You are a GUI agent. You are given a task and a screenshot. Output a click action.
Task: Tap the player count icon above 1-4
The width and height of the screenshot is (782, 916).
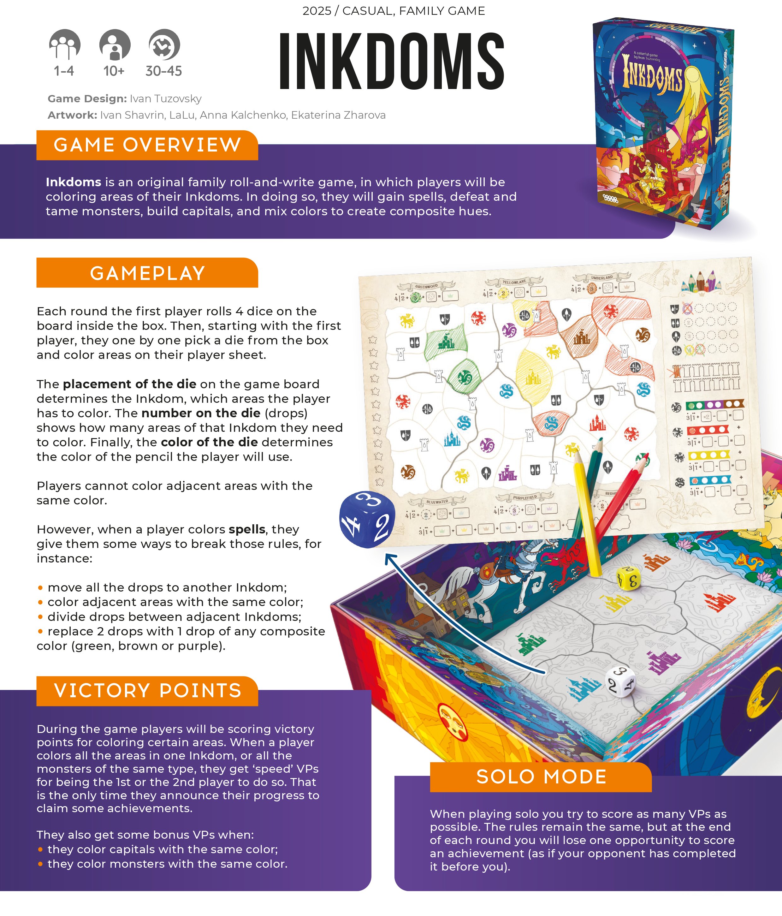coord(65,44)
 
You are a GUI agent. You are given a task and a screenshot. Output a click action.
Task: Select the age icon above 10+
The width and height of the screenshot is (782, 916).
coord(115,44)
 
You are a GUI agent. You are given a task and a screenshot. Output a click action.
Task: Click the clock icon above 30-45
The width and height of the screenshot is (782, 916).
coord(164,44)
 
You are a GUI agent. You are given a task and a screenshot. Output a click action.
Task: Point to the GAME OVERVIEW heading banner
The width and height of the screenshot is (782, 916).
coord(147,145)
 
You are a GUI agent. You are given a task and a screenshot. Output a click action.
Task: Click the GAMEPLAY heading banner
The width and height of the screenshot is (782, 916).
coord(147,273)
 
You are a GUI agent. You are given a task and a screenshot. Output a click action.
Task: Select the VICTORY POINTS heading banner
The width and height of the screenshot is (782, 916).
coord(147,691)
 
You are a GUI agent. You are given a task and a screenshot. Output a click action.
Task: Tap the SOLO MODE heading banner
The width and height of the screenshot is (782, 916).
coord(541,777)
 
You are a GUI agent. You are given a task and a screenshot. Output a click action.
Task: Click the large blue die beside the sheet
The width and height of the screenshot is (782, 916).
coord(367,520)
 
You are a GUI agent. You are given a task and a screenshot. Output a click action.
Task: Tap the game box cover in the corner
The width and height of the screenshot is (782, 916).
coord(663,124)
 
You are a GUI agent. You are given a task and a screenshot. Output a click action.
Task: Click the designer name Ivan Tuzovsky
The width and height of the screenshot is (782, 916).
coord(165,98)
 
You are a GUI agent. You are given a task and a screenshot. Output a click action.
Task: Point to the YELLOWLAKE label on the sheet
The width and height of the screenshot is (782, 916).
coord(514,282)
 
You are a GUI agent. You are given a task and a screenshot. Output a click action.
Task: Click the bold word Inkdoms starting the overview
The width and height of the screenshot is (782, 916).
coord(74,182)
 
